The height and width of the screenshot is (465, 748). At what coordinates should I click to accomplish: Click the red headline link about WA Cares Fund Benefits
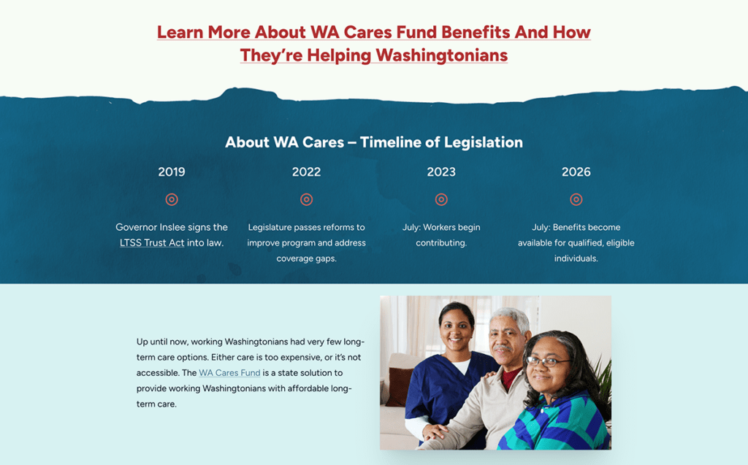[374, 43]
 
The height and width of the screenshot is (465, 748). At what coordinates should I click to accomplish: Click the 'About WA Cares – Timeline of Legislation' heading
[374, 142]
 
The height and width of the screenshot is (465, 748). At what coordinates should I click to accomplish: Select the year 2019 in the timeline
[172, 172]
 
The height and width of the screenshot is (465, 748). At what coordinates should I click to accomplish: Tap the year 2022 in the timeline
[306, 172]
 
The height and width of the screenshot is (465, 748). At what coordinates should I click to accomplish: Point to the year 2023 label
[441, 172]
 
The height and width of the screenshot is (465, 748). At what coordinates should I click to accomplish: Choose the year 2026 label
[576, 172]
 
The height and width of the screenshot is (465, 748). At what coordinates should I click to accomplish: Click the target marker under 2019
[172, 199]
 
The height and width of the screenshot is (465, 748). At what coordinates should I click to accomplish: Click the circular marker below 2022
[306, 199]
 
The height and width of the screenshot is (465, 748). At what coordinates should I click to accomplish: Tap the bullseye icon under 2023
[441, 199]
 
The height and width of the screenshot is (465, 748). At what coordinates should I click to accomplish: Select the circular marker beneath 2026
[576, 199]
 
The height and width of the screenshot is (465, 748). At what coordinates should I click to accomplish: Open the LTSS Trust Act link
[152, 243]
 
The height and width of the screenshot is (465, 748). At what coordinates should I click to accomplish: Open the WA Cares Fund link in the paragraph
[229, 373]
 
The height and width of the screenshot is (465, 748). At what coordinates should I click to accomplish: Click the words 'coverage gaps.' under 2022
[306, 258]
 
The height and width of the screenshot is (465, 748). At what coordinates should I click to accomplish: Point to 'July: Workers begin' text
[441, 228]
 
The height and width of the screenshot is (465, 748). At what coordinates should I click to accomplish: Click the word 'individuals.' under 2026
[576, 258]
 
